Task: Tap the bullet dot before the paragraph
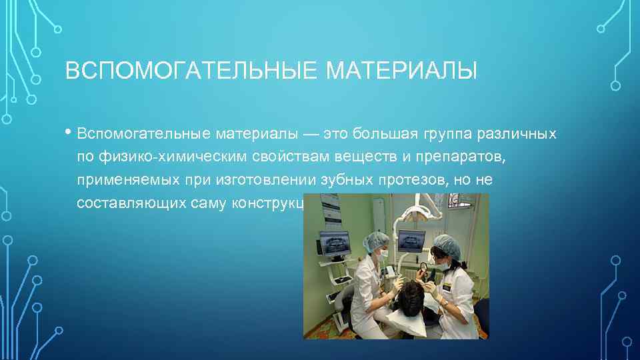pos(69,131)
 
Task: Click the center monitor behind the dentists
pos(409,239)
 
